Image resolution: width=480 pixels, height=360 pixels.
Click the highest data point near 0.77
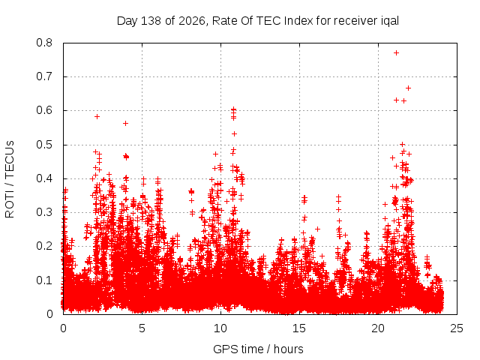point(396,53)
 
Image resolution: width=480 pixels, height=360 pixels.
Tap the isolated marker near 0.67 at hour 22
point(408,88)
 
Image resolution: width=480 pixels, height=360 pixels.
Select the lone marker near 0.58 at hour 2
point(97,117)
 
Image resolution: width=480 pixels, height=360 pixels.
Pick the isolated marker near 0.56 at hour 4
point(125,123)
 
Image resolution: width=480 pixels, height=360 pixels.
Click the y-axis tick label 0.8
point(44,43)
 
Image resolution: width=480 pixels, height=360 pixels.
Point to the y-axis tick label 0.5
point(44,145)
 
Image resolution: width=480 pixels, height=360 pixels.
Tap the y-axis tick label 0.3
point(44,212)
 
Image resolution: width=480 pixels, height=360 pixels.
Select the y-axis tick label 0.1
point(44,280)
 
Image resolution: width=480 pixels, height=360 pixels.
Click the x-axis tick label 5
point(142,328)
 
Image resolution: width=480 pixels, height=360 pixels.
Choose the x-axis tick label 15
point(299,328)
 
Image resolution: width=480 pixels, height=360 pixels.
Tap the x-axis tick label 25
point(457,328)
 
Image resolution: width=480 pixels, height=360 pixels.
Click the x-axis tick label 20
point(378,328)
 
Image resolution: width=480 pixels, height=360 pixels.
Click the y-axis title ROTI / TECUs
point(10,179)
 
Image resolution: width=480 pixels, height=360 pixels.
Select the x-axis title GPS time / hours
point(258,349)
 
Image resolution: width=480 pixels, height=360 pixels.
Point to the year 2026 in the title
point(192,21)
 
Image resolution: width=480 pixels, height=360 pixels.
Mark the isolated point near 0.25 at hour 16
point(318,229)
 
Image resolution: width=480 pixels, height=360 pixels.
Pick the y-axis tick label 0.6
point(44,110)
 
